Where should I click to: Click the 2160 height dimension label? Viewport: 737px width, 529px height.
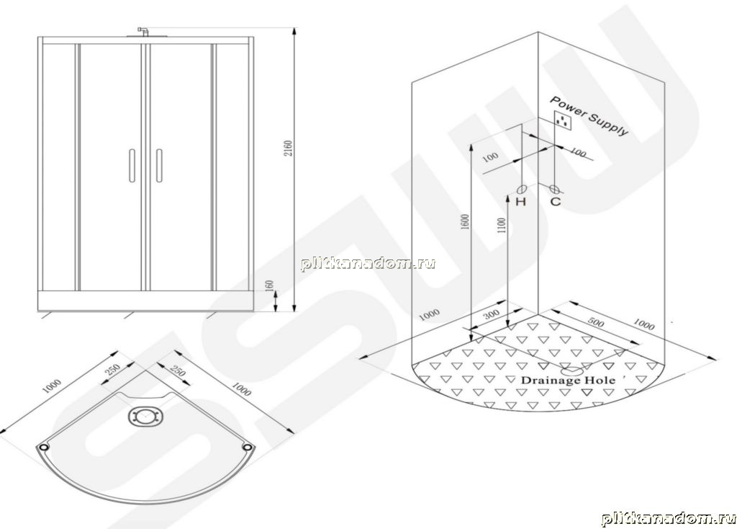(x=288, y=148)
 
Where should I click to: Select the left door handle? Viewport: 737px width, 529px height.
(x=132, y=165)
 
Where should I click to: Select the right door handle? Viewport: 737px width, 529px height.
(x=159, y=165)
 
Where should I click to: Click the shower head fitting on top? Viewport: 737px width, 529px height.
(x=144, y=31)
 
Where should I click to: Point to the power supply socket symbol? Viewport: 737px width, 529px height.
(x=562, y=121)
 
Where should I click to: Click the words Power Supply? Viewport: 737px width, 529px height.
(x=589, y=115)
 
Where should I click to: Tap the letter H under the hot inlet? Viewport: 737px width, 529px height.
(x=520, y=202)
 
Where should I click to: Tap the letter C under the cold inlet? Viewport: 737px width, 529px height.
(x=556, y=202)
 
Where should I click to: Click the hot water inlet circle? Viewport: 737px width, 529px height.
(x=521, y=190)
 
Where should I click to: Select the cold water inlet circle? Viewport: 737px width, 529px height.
(x=555, y=190)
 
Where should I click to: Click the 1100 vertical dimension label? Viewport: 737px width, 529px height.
(x=502, y=228)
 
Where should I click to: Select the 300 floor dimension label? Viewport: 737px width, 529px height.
(x=491, y=315)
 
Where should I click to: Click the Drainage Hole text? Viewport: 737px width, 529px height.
(x=568, y=381)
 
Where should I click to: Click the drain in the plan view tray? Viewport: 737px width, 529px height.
(x=145, y=417)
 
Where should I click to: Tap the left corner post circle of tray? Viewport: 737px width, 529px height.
(x=44, y=447)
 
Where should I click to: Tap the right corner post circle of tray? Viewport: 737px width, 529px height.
(x=248, y=447)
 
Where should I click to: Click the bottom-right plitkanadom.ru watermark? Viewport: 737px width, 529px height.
(x=669, y=518)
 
